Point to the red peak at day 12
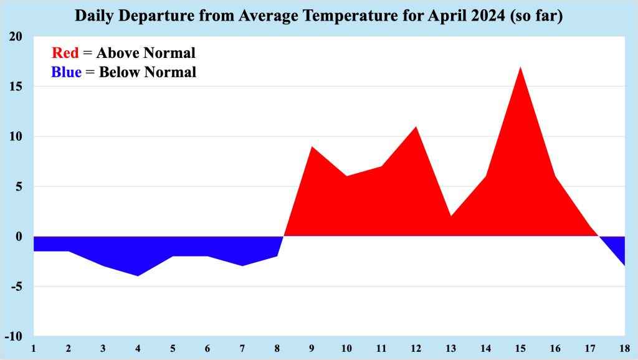pos(416,127)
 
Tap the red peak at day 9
pos(312,147)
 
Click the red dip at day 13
pos(450,216)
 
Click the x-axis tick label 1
pos(34,347)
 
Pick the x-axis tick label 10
pos(346,347)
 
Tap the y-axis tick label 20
pos(16,37)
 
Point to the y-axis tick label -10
pos(14,336)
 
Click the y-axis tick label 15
pos(16,87)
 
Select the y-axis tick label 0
pos(19,237)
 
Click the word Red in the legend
pos(65,53)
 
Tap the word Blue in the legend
pos(66,72)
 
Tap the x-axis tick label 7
pos(242,347)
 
